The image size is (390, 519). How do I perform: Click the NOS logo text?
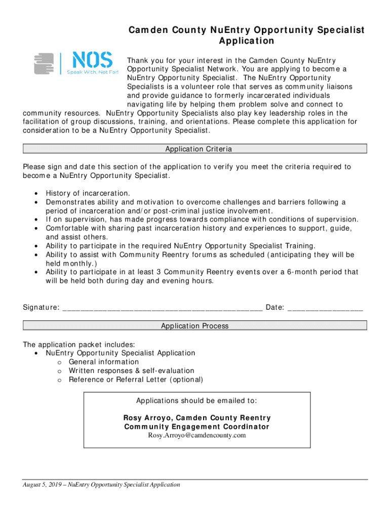click(91, 61)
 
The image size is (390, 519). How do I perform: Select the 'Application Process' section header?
click(194, 326)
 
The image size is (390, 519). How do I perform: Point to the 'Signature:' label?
click(41, 308)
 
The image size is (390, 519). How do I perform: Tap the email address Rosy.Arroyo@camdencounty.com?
click(197, 435)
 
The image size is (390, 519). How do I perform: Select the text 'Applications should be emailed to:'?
click(197, 401)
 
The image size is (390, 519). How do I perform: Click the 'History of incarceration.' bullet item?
click(88, 193)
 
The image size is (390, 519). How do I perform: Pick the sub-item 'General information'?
click(103, 362)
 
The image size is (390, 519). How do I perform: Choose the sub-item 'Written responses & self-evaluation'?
click(131, 371)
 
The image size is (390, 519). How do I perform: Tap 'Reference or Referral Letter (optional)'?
click(136, 380)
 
